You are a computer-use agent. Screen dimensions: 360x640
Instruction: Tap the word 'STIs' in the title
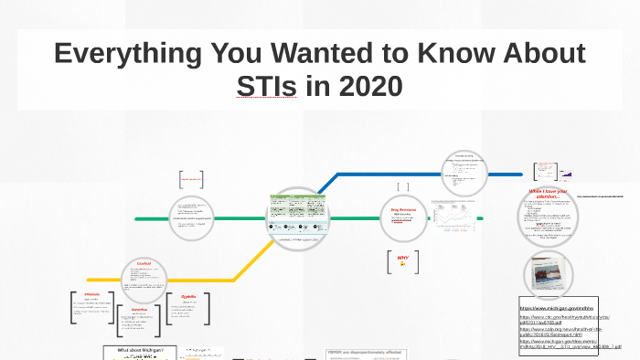coord(274,87)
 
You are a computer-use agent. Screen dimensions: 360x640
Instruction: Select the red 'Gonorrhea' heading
coord(139,310)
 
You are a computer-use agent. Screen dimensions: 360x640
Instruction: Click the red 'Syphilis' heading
coord(188,297)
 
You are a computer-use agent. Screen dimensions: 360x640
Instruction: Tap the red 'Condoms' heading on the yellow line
coord(144,263)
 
